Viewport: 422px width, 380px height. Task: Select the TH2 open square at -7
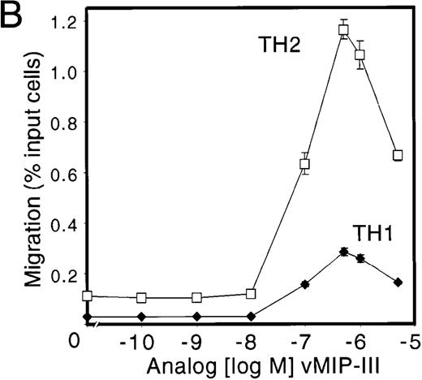(x=305, y=164)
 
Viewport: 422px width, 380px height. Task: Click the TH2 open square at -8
(x=251, y=293)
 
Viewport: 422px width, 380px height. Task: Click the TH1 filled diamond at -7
(x=305, y=284)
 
